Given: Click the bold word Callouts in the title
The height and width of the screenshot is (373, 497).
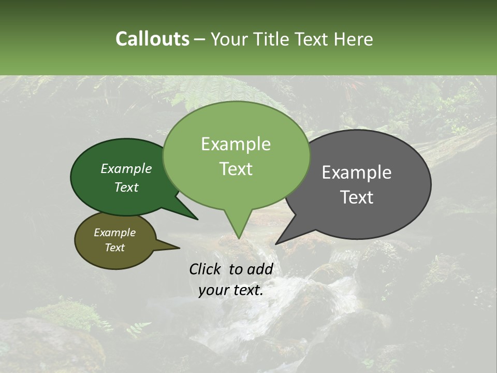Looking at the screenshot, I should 152,39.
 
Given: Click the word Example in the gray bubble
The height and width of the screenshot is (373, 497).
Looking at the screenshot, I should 357,173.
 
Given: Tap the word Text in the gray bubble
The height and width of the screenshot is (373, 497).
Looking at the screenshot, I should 357,197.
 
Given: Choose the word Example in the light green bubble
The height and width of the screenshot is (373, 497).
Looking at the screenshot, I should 236,144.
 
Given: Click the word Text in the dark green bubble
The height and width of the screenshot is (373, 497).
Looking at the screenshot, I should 126,188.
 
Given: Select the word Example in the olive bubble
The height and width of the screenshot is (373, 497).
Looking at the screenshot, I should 115,233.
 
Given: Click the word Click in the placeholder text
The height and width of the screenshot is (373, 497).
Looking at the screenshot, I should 206,269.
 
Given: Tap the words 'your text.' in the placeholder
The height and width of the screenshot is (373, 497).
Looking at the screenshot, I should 231,290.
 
